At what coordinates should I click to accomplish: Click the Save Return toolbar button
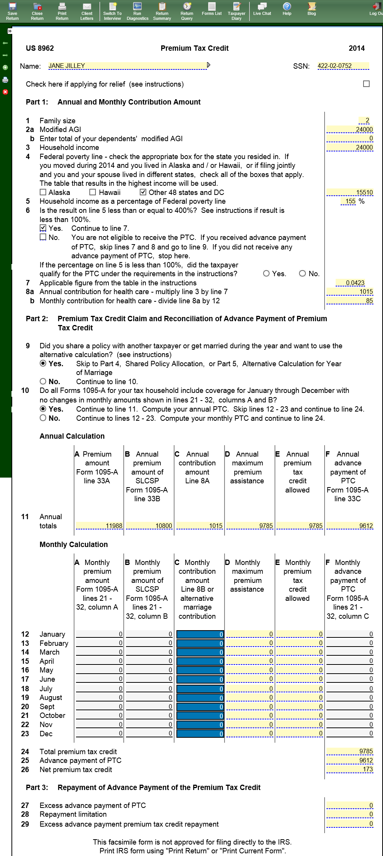[x=12, y=11]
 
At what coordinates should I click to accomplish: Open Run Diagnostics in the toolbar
[x=137, y=11]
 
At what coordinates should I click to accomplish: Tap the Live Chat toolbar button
[x=262, y=9]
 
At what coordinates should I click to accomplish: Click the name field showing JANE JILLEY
[x=128, y=66]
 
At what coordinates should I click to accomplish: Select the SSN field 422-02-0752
[x=343, y=66]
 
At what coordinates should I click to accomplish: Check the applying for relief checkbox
[x=366, y=84]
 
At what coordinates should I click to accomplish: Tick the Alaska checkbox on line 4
[x=43, y=193]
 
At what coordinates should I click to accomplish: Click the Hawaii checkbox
[x=93, y=193]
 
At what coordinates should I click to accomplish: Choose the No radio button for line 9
[x=43, y=381]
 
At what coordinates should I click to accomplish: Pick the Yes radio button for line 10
[x=43, y=409]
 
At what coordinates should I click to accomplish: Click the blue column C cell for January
[x=200, y=634]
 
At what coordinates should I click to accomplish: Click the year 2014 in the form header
[x=356, y=48]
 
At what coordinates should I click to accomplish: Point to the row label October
[x=52, y=716]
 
